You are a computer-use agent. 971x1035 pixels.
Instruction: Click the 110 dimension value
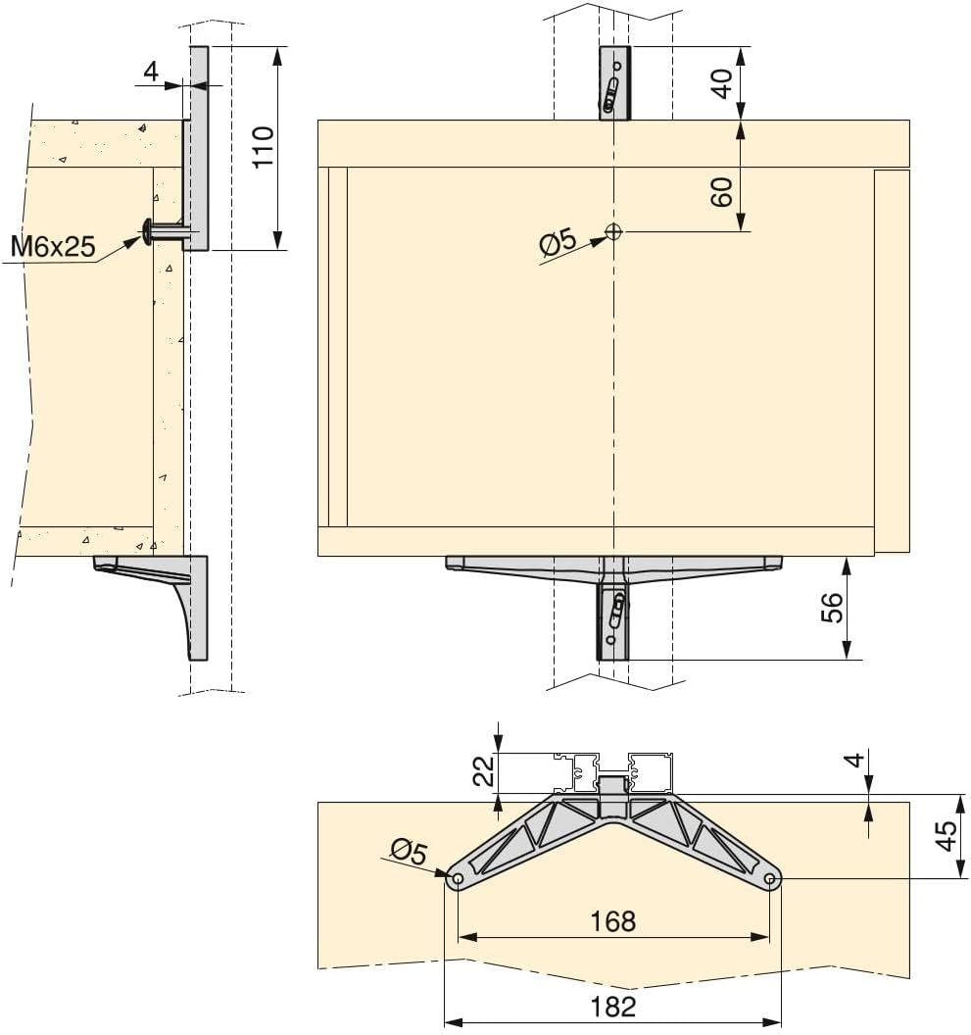pos(263,147)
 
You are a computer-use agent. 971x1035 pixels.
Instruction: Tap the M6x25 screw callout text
pos(53,246)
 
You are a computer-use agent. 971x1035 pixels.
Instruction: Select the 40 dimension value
pos(722,83)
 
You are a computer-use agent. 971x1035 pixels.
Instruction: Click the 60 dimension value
pos(722,192)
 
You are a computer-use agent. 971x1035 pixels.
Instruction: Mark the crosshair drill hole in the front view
pos(613,231)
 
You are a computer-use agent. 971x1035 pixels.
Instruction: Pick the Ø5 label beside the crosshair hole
pos(558,244)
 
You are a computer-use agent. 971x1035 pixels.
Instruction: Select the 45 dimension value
pos(947,836)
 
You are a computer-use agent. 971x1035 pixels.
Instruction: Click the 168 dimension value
pos(613,921)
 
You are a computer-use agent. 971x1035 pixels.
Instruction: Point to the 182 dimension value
pos(613,1006)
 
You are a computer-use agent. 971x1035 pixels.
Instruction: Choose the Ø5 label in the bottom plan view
pos(407,852)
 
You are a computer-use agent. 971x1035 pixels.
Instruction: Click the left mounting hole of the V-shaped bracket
pos(456,879)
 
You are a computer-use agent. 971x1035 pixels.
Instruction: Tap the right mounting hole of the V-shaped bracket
pos(771,879)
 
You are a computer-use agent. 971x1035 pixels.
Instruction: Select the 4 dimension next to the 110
pos(150,71)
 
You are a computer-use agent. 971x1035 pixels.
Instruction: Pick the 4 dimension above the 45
pos(854,761)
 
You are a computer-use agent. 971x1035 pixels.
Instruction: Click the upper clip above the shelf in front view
pos(614,83)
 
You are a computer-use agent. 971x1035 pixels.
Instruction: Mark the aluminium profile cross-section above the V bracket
pos(613,771)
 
